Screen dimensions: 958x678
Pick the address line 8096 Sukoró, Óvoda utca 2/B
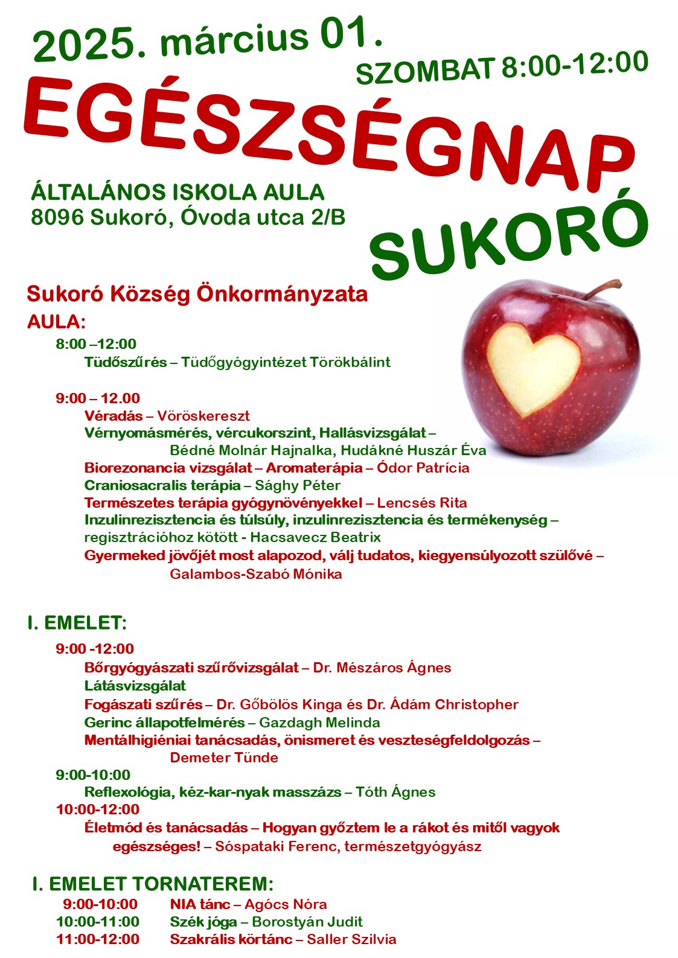coord(188,217)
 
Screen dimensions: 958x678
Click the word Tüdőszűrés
coord(126,362)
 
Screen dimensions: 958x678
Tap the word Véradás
coord(114,416)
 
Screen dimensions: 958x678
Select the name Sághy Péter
coord(298,485)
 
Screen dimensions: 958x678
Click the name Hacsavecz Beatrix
coord(315,537)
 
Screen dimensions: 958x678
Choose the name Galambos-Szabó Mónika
coord(255,574)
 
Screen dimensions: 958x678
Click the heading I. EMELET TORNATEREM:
coord(153,884)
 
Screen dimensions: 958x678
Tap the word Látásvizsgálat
coord(135,686)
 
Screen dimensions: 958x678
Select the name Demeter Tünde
coord(224,758)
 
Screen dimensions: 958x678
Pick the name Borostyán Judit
coord(307,922)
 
